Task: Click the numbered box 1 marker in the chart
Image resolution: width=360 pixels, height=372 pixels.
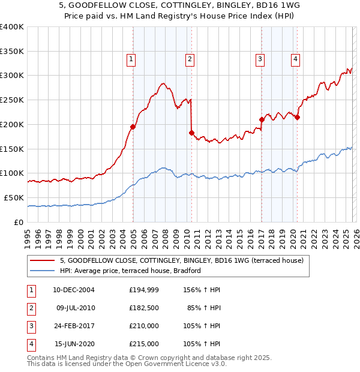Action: (x=131, y=59)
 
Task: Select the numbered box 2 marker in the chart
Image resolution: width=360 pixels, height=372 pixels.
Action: (x=189, y=59)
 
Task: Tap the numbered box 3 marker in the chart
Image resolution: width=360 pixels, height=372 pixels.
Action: (x=260, y=59)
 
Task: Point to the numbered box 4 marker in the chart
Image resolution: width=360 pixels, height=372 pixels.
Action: (x=296, y=59)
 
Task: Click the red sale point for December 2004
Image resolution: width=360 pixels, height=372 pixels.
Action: (x=133, y=127)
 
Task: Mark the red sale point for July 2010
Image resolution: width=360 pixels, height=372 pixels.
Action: (x=191, y=133)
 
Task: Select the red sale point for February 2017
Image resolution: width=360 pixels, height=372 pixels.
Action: (x=262, y=119)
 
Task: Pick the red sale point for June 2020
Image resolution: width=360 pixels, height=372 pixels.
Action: (x=297, y=117)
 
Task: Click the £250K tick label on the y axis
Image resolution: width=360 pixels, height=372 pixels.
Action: (x=12, y=100)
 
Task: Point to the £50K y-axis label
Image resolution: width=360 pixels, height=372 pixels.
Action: (x=14, y=197)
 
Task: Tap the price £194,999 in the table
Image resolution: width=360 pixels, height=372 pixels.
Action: (x=144, y=290)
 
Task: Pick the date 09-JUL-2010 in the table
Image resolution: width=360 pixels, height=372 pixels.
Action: (x=76, y=308)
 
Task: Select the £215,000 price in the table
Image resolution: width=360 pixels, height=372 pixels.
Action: (x=144, y=344)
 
